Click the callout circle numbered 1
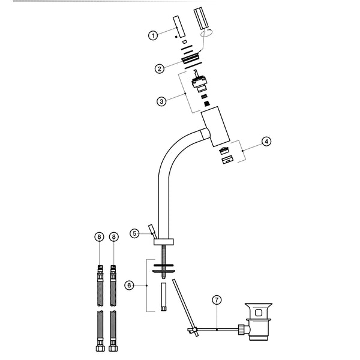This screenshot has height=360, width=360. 154,36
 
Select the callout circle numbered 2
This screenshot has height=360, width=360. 160,68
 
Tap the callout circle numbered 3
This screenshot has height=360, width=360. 161,101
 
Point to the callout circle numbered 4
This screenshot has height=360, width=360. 266,142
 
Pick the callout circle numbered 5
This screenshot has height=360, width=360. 136,232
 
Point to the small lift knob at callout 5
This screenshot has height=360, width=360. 152,229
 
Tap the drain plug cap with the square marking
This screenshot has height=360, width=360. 259,313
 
